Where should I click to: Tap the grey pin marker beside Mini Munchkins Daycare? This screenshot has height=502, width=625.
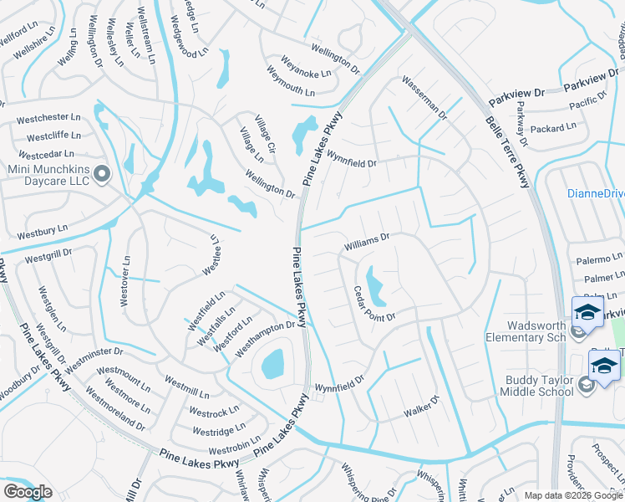point(102,174)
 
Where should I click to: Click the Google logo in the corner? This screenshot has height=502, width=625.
point(28,492)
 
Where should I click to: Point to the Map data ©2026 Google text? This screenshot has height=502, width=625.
point(573,495)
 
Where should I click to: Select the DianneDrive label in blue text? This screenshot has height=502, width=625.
point(595,193)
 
